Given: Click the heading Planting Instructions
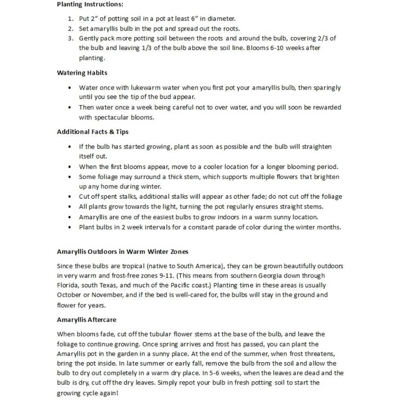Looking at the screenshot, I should pos(90,4).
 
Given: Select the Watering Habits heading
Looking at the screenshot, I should pos(82,73).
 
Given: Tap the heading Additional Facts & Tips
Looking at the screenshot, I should pos(93,132).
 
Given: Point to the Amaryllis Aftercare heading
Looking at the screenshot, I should pos(87,320).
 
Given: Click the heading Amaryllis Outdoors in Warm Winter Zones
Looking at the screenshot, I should pos(123,252).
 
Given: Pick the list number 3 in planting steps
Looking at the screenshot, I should pos(70,38).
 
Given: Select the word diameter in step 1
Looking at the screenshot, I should pos(222,19).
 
